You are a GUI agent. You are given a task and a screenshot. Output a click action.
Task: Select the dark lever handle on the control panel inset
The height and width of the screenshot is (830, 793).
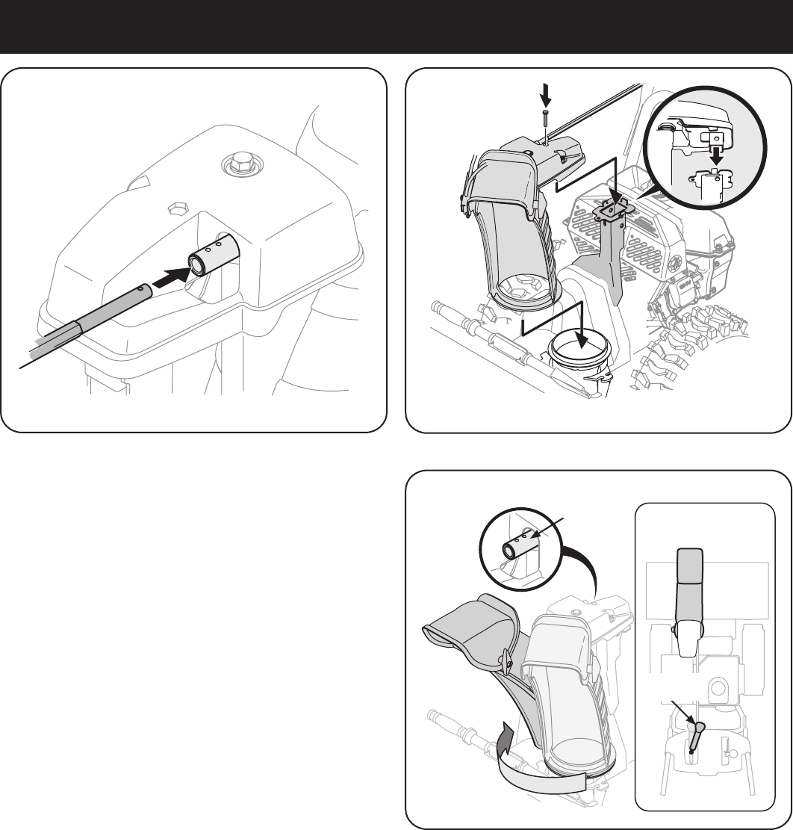click(696, 733)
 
